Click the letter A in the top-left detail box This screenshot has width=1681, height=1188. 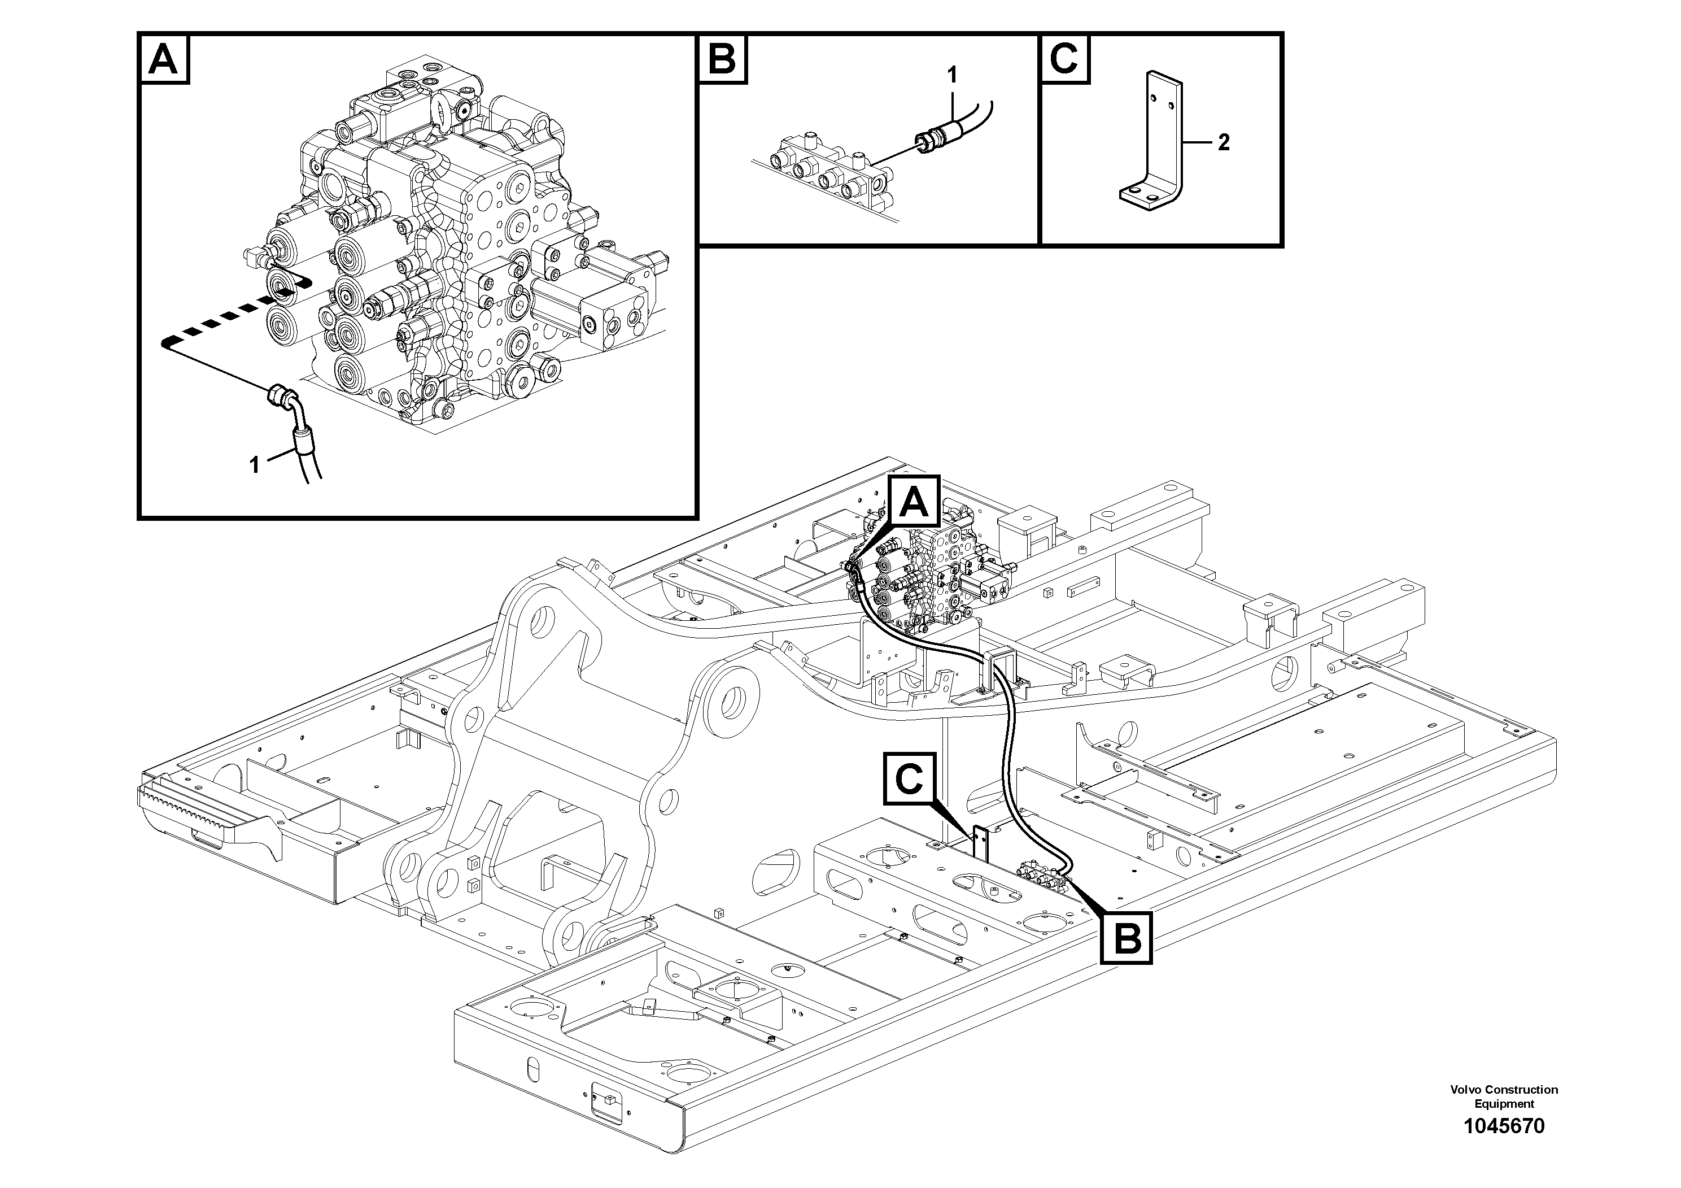tap(163, 59)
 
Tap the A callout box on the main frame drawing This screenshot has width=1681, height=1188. tap(914, 502)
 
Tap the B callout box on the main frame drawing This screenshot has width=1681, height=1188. tap(1127, 938)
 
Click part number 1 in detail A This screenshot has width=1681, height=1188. tap(255, 464)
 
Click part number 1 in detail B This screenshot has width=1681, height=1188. tap(951, 74)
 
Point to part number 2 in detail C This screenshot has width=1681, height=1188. tap(1224, 143)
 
